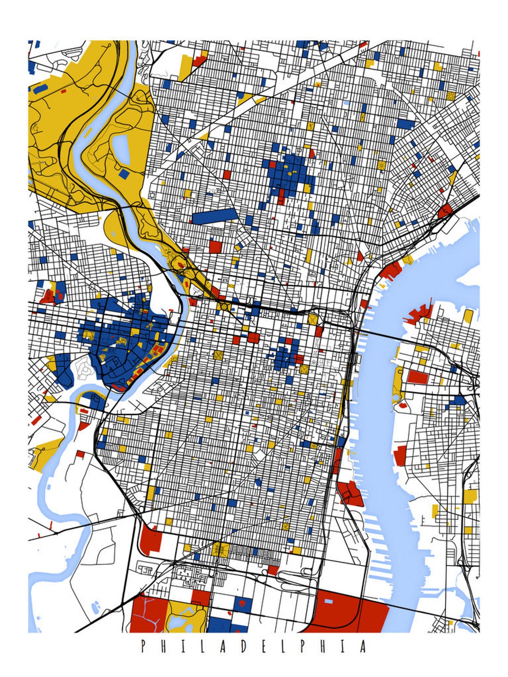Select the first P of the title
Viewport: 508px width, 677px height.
(143, 646)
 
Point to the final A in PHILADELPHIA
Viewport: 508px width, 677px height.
(363, 646)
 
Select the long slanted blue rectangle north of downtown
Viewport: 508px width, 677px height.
(215, 216)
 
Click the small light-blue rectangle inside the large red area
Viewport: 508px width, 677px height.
(328, 601)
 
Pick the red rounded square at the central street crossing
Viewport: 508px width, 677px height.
(254, 338)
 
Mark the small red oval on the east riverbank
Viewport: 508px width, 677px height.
(404, 406)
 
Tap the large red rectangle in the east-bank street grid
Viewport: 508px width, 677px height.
(418, 377)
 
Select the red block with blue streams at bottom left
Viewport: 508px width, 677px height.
(147, 615)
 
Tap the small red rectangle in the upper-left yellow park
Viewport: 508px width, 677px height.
(63, 91)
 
